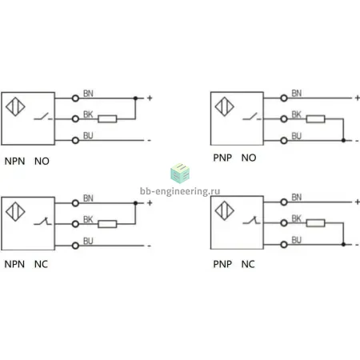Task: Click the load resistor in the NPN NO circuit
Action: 107,119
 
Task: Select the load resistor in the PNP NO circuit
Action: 315,119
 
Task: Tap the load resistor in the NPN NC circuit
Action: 107,224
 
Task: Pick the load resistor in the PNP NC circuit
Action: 315,223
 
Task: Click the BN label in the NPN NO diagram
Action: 88,94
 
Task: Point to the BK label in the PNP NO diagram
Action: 296,114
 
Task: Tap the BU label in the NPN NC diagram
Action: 88,241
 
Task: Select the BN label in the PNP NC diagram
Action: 297,198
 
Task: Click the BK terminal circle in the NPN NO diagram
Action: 75,119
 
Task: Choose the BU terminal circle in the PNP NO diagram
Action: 284,141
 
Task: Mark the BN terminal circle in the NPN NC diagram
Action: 75,203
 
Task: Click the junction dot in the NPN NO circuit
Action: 135,98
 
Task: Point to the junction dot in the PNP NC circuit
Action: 343,244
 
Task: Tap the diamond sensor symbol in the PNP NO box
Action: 225,106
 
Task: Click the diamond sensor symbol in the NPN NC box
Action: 15,212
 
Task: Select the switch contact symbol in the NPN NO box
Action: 43,117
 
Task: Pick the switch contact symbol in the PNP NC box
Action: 252,220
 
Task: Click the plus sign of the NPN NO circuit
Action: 150,98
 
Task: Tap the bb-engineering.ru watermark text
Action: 180,191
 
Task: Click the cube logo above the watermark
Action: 180,174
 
